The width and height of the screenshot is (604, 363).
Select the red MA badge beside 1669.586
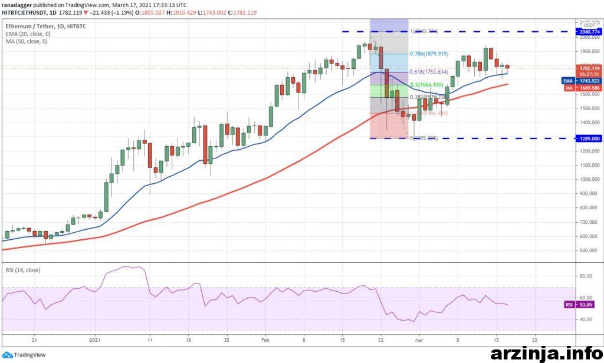point(567,87)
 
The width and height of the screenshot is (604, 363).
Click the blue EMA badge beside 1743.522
point(567,80)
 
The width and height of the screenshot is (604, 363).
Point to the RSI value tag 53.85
point(586,305)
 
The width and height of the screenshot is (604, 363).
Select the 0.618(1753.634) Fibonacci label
point(428,72)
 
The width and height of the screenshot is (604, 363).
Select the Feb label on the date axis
point(265,340)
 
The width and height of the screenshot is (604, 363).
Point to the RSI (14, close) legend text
point(24,270)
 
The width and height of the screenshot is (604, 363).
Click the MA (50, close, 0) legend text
point(27,41)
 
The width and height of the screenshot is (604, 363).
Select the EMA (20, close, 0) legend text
point(28,34)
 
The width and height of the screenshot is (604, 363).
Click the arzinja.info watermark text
point(546,353)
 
